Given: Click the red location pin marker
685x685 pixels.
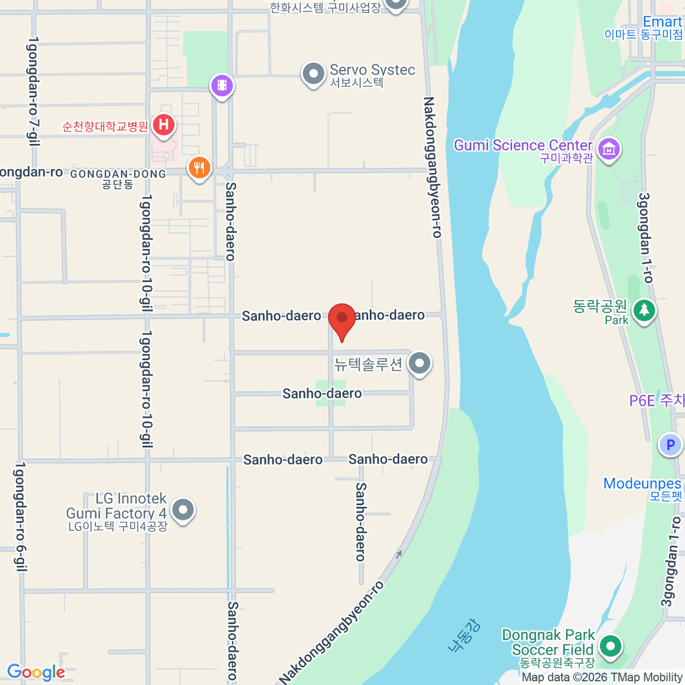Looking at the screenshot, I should point(342,319).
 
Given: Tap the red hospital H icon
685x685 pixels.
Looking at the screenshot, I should point(164,124).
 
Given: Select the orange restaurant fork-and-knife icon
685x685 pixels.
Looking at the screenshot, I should point(199,168).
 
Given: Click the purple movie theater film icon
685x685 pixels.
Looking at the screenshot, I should point(222,86).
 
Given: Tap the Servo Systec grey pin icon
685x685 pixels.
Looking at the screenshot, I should point(313,74).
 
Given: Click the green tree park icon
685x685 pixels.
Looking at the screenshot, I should point(644,311).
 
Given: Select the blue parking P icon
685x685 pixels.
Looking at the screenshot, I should point(670,445).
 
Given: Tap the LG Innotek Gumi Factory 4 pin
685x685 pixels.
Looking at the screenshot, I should point(183,510).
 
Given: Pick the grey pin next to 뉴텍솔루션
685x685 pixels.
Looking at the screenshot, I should point(420,363).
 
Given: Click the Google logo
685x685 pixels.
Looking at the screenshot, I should point(36,672).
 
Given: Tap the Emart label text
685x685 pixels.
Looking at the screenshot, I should point(662,22).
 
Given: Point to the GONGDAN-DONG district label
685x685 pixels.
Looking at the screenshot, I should point(118,174).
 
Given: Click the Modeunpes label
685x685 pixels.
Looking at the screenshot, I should point(642,483).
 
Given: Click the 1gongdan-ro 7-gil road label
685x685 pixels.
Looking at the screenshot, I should point(33,91).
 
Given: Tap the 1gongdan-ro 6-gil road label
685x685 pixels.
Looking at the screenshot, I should point(21,517).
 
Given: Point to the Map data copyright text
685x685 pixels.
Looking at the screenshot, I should point(602,678).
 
